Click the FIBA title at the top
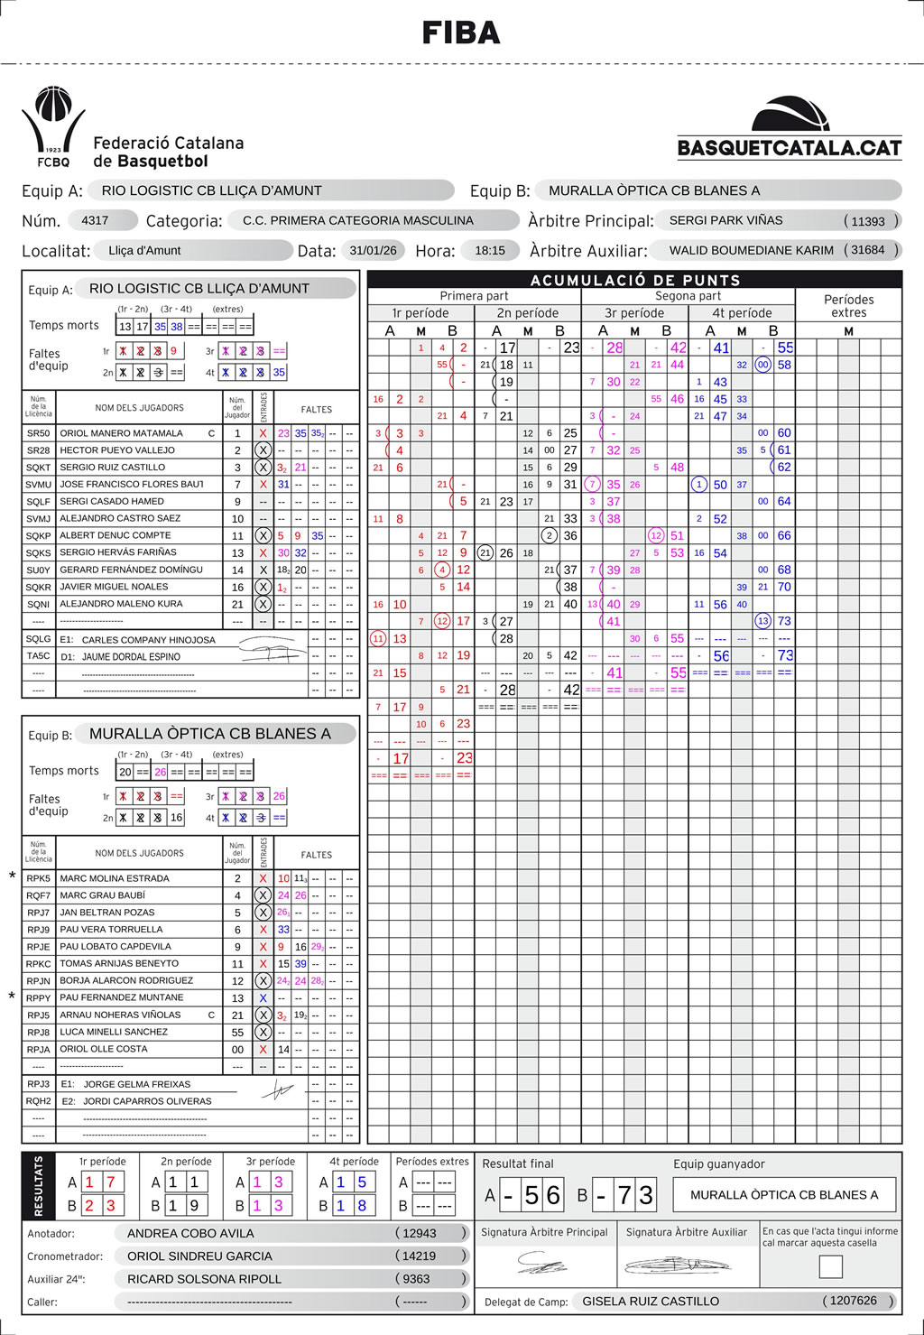[461, 33]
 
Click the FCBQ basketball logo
[53, 126]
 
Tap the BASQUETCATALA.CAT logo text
[790, 148]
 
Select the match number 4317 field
[95, 220]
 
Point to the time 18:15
[490, 250]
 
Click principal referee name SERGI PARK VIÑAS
[725, 220]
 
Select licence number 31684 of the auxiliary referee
[868, 250]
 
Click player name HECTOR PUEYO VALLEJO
[117, 450]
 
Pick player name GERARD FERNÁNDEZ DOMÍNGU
[131, 570]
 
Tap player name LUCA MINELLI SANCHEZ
[114, 1032]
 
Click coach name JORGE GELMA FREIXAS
[137, 1084]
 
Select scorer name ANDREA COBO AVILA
[190, 1233]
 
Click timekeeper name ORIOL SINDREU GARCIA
[199, 1256]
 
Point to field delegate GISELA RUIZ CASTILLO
[651, 1301]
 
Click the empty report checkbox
[830, 1267]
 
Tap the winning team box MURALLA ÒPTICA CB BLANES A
[784, 1194]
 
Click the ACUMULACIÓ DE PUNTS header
[635, 280]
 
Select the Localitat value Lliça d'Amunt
[144, 250]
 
